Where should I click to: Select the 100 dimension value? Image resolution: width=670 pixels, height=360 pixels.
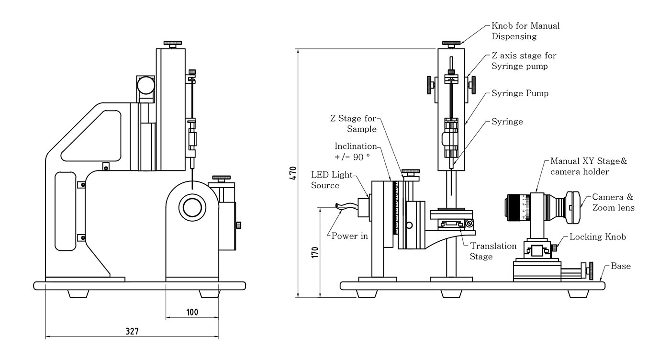(x=192, y=312)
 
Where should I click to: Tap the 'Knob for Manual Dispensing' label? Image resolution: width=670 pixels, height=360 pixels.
(x=525, y=31)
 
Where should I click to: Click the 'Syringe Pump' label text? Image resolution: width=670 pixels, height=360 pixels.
(x=520, y=93)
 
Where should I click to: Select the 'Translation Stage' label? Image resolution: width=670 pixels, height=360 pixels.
(x=493, y=251)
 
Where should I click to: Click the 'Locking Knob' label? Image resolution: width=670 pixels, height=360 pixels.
(x=597, y=237)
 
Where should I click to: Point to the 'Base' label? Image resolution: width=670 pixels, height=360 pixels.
(x=621, y=266)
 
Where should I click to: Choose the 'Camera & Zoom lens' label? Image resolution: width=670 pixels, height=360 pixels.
(x=613, y=202)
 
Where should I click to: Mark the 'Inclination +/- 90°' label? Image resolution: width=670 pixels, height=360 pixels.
(x=356, y=151)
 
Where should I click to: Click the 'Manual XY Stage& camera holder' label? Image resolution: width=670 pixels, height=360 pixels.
(x=588, y=166)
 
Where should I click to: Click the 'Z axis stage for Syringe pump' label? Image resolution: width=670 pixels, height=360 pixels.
(x=524, y=61)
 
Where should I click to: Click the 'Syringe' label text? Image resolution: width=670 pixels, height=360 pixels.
(x=507, y=122)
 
